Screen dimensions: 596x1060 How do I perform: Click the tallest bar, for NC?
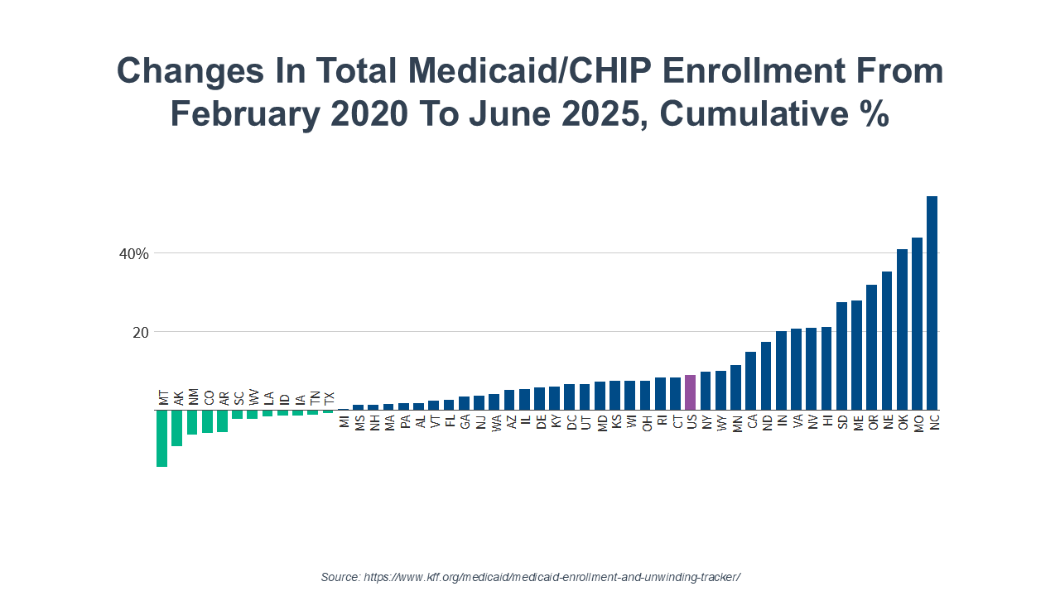[932, 303]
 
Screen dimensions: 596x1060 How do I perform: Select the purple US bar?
[690, 392]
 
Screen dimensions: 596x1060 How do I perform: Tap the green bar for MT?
[161, 438]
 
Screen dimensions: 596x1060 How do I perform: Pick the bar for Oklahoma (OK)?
[902, 329]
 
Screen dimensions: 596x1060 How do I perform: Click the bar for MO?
[917, 324]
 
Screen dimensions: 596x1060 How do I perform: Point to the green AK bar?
[176, 428]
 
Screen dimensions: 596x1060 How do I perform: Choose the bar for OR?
[871, 348]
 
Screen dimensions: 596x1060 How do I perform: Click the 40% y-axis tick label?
[134, 253]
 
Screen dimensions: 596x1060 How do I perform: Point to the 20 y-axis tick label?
[140, 332]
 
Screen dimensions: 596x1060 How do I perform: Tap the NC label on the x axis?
[933, 422]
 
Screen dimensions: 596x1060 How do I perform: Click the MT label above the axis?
[163, 398]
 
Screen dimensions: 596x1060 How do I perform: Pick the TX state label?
[330, 398]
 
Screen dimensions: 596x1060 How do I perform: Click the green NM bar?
[192, 422]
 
